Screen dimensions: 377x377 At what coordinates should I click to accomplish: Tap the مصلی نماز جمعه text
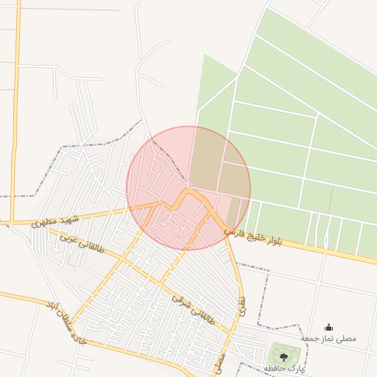click(328, 338)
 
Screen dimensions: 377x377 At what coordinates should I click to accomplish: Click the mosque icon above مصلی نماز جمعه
click(328, 327)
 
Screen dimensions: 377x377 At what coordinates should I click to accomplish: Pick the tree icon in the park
click(283, 356)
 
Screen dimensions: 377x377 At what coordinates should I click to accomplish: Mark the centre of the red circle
click(188, 188)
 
